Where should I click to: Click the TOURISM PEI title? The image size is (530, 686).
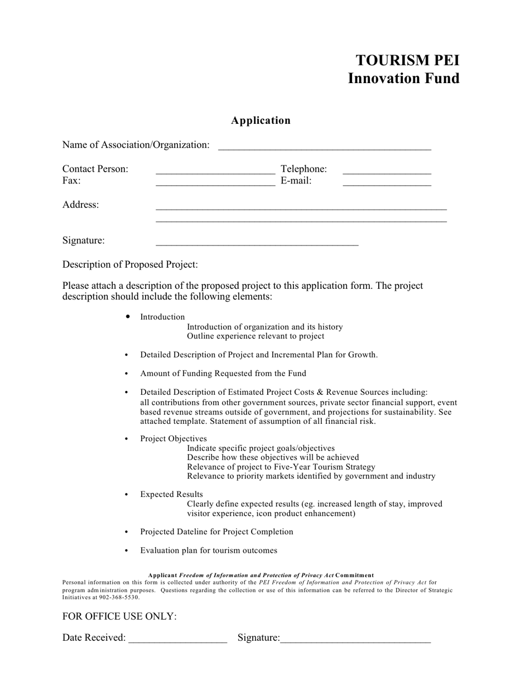coord(407,60)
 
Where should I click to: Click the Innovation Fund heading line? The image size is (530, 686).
coord(403,78)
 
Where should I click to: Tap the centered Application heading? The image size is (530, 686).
coord(261,120)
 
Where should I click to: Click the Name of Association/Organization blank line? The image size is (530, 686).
coord(324,147)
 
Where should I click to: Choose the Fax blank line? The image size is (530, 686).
coord(215,182)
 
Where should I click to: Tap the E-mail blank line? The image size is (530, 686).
coord(387,182)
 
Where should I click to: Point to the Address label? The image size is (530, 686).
coord(80,205)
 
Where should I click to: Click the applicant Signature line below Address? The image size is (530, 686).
coord(257,243)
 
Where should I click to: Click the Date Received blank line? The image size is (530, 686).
coord(177,640)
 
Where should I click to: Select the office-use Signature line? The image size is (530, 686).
coord(355,640)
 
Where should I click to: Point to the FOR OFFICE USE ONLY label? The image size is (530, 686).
coord(119,616)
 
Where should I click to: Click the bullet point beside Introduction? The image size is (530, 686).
coord(128,316)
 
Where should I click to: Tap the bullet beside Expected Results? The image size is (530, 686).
coord(127,495)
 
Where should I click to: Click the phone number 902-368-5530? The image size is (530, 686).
coord(119,597)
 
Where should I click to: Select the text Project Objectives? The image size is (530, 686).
coord(174,439)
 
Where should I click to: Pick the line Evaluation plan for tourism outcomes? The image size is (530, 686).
coord(209,550)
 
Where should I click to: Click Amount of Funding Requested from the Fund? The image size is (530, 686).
coord(223,373)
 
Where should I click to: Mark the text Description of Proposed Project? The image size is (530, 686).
coord(130,264)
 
